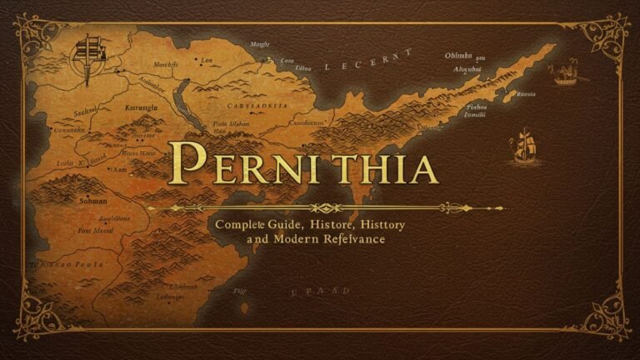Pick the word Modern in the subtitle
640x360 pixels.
point(304,239)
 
